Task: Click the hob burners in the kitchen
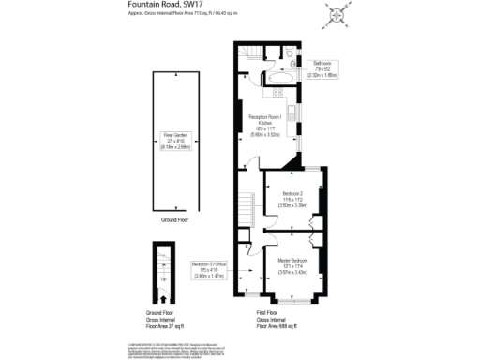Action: click(278, 91)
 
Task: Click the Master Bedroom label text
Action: click(292, 265)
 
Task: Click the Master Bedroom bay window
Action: click(292, 301)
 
